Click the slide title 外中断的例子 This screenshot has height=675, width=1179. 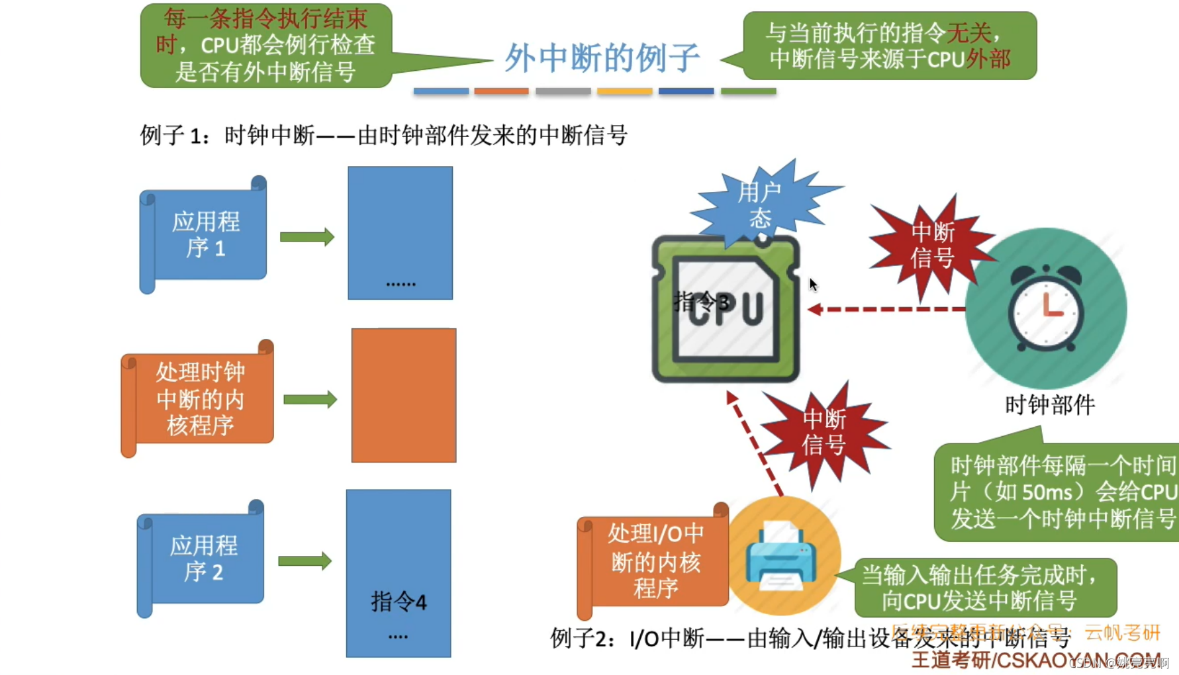(601, 58)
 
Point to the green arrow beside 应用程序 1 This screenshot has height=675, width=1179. (307, 237)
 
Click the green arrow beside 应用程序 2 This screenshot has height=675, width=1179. (305, 561)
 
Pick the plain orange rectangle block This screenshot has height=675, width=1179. (403, 396)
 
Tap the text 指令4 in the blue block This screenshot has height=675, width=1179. (399, 602)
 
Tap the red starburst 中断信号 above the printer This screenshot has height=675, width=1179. (824, 431)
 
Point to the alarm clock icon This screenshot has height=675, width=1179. (1045, 308)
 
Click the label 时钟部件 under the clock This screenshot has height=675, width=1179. (1050, 404)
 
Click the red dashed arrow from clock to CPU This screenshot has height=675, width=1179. (887, 309)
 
